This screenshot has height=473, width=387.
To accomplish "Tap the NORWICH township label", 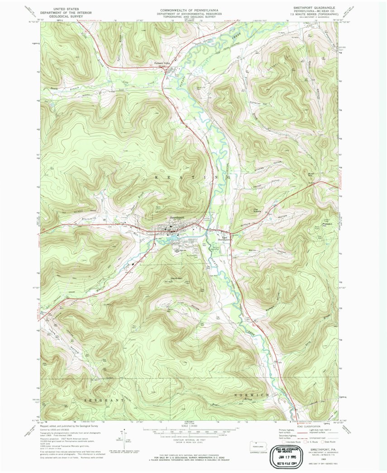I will tap(251, 395).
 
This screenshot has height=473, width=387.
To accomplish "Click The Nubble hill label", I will tap(258, 209).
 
